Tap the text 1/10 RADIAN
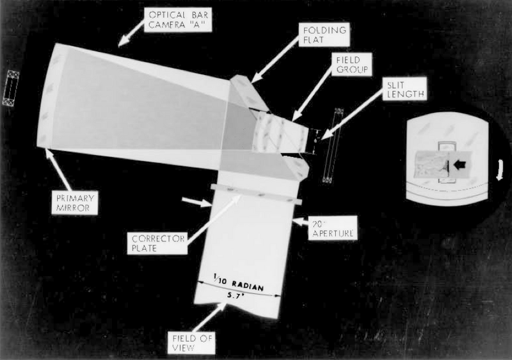[241, 282]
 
